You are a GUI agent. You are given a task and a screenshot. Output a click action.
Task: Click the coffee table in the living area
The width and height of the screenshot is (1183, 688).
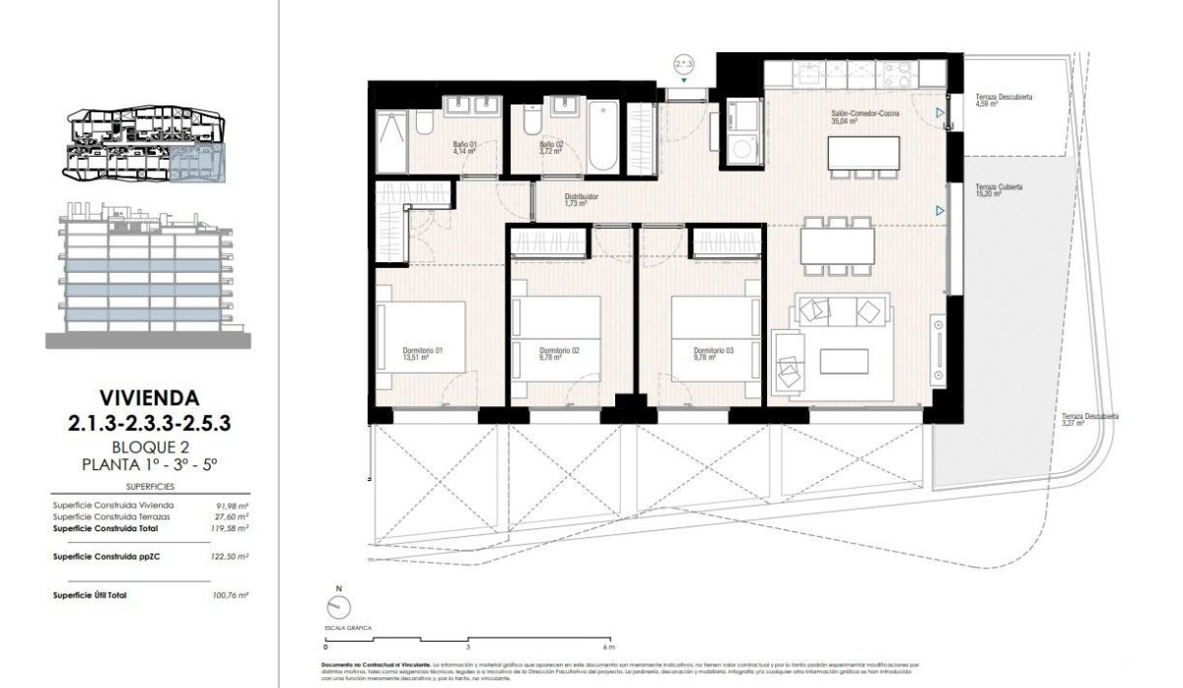845,362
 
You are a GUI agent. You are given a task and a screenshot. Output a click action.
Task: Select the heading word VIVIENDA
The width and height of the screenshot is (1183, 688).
148,398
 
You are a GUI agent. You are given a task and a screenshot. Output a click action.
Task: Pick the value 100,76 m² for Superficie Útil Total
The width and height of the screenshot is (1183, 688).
231,595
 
